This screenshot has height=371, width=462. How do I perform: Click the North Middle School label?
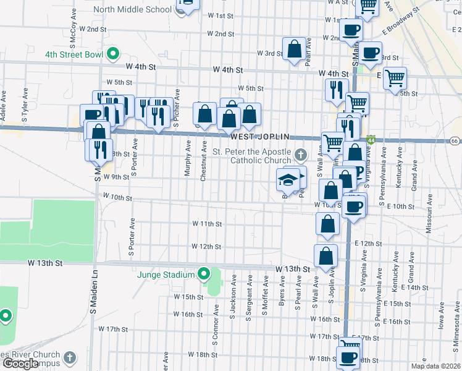(x=132, y=9)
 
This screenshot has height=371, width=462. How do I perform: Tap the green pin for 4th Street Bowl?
(x=112, y=54)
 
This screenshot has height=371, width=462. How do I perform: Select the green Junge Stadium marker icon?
(x=204, y=273)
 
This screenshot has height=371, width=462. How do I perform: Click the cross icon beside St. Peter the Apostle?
(x=300, y=154)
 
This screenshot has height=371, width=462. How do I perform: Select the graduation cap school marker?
(x=287, y=180)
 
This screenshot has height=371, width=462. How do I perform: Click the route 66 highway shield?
(x=454, y=141)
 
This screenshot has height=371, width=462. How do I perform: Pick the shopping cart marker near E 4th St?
(x=394, y=79)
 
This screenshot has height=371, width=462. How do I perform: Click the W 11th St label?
(x=206, y=223)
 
